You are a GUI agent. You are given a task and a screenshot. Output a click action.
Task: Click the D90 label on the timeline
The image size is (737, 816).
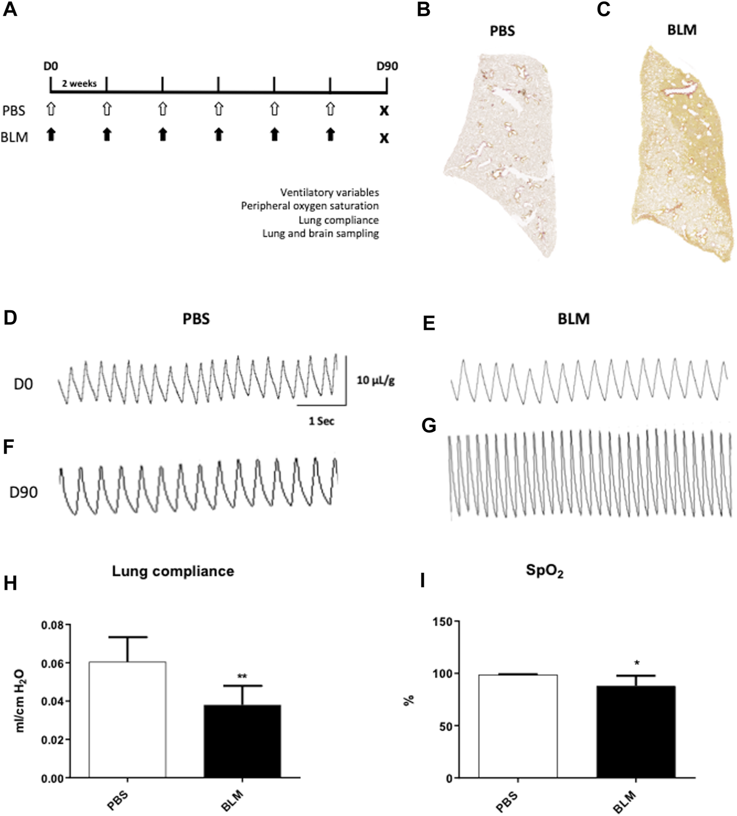[x=387, y=66]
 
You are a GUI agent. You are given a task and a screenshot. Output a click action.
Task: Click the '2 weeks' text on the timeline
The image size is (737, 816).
[x=79, y=83]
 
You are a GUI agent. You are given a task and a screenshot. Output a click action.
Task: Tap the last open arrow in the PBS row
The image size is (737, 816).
[x=330, y=109]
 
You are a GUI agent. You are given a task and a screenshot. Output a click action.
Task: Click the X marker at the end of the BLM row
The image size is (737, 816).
[x=384, y=138]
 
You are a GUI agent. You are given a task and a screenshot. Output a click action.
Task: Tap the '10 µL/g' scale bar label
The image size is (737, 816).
[x=375, y=381]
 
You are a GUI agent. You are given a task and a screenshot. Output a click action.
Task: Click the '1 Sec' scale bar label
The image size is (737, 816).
[x=321, y=421]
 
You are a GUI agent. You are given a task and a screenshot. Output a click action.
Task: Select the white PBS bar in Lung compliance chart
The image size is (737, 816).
[x=127, y=720]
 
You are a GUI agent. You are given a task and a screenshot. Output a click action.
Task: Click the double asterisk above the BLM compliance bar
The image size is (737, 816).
[x=243, y=677]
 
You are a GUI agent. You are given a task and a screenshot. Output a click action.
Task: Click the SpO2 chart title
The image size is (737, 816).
[x=545, y=571]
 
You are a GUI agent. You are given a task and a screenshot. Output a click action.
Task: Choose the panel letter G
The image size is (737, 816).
[x=428, y=426]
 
